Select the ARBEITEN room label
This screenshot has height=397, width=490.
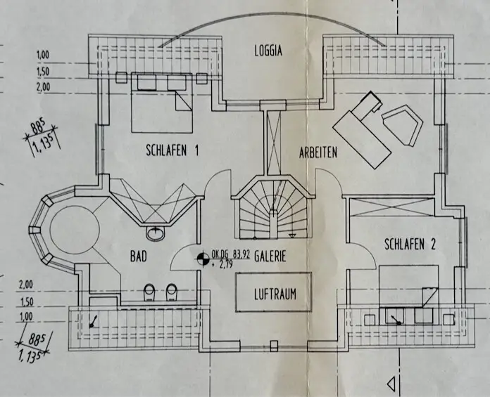click(x=318, y=152)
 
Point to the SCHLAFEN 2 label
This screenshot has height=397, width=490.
click(x=410, y=245)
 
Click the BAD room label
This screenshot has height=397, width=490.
click(x=137, y=257)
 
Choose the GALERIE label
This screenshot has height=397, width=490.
click(x=270, y=257)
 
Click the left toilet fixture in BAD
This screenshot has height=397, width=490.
click(x=149, y=291)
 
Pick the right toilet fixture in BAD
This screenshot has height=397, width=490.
click(x=171, y=291)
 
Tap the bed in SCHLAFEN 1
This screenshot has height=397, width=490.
click(x=161, y=105)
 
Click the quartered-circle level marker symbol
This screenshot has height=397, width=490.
click(x=201, y=259)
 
